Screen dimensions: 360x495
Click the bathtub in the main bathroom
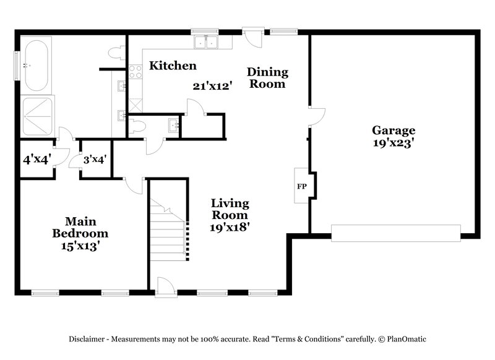[38, 64]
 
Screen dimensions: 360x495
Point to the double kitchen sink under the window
[206, 42]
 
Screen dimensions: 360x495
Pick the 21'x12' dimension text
[212, 87]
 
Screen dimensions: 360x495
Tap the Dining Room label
[267, 78]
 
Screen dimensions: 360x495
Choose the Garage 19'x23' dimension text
[393, 142]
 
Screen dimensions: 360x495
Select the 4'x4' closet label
[36, 159]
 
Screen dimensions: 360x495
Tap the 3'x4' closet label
[94, 159]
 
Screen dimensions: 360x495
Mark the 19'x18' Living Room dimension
[230, 226]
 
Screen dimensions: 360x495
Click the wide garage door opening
[396, 233]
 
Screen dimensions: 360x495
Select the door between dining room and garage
[316, 118]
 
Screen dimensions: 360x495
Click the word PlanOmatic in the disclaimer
[407, 339]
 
